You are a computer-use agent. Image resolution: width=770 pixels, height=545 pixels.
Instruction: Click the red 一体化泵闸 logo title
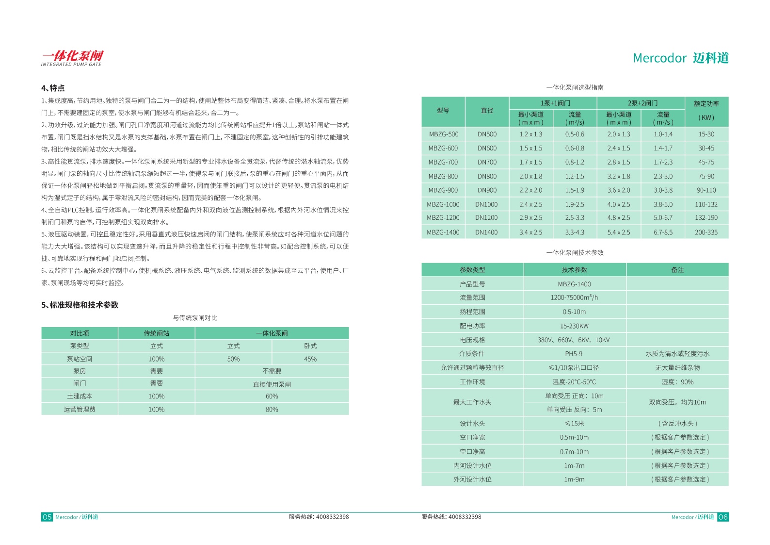[72, 56]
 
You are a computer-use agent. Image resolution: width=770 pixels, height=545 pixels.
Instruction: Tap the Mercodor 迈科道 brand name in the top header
[680, 58]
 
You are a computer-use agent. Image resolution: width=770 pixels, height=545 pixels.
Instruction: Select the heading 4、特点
[53, 88]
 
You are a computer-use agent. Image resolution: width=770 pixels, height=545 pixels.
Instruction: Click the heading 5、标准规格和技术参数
[80, 305]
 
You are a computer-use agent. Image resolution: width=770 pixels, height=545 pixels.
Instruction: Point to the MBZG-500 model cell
[443, 134]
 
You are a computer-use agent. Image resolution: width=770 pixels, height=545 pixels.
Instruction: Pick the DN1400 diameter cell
[486, 232]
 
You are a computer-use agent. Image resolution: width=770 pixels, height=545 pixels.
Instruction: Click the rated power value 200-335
[706, 232]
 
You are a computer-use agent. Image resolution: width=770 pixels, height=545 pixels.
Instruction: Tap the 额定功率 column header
[706, 104]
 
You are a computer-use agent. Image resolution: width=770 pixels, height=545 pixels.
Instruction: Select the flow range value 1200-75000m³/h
[574, 297]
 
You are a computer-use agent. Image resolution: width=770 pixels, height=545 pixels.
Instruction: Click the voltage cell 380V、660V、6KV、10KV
[574, 340]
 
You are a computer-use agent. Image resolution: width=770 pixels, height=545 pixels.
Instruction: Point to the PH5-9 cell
[574, 354]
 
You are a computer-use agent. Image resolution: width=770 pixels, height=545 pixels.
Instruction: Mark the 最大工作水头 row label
[472, 402]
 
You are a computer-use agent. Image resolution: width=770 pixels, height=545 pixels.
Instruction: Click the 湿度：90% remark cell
[677, 382]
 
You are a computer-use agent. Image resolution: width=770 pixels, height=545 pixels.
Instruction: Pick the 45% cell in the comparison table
[310, 359]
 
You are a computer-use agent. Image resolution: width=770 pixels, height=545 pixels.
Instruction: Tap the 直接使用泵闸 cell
[272, 384]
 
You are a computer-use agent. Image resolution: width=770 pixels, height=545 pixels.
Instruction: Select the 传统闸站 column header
[156, 333]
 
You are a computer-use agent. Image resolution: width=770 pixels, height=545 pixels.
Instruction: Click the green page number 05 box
[47, 517]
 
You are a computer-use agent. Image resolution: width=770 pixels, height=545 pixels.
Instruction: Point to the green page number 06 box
[723, 517]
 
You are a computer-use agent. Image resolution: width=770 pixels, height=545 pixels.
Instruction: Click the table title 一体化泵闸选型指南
[575, 87]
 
